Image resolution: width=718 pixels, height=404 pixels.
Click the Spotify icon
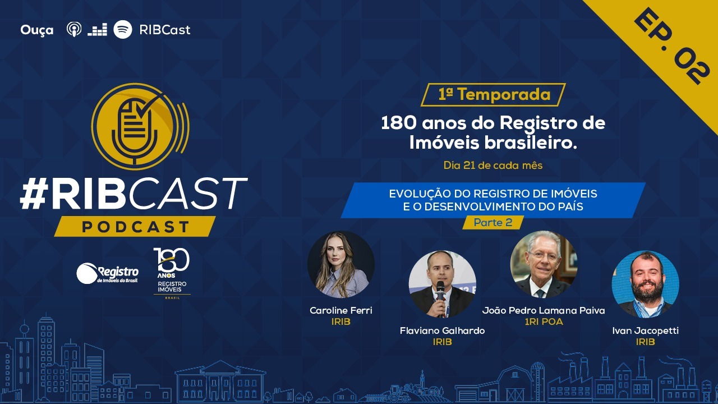pos(123,30)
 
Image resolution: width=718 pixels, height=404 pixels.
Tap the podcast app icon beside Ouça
pos(74,30)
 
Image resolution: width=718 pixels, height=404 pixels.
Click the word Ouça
pos(37,30)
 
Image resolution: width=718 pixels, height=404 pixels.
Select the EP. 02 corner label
pos(671,47)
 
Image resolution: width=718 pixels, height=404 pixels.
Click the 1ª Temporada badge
pos(493,95)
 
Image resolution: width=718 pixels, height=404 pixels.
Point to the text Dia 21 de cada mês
pos(493,166)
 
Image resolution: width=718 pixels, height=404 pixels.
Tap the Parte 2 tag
pos(493,222)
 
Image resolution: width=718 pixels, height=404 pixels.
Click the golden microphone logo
pos(140,126)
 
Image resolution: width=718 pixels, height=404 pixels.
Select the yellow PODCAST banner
pos(135,226)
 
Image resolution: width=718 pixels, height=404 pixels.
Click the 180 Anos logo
pos(172,273)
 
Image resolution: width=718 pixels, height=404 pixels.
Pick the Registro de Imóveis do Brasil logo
pos(107,274)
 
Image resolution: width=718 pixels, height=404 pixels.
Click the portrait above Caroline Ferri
pos(340,264)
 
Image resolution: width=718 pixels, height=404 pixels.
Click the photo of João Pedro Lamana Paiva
pos(544,264)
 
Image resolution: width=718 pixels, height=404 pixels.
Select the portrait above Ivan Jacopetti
pos(645,284)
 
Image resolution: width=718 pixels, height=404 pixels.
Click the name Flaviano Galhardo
pos(443,330)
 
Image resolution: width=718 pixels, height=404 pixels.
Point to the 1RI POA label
pos(544,322)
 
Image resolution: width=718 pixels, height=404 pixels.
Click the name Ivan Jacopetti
pos(645,330)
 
